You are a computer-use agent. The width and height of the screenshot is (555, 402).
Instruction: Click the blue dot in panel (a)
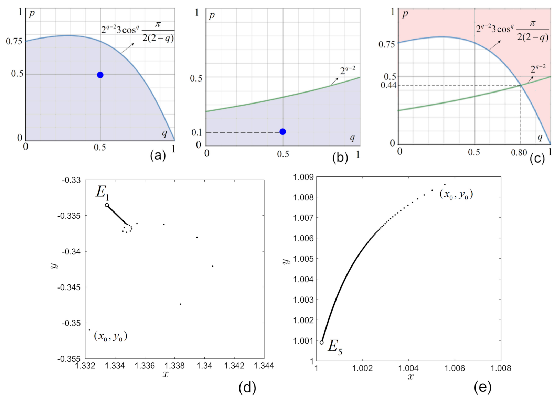click(x=100, y=75)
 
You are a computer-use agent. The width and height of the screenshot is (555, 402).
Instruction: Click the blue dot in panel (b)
click(x=283, y=132)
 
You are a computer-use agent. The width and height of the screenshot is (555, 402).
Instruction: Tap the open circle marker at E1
click(x=107, y=205)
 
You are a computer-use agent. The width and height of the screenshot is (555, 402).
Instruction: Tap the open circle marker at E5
click(x=322, y=343)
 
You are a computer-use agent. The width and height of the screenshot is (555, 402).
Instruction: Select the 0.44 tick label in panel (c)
click(x=388, y=85)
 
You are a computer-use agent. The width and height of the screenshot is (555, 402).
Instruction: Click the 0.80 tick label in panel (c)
click(x=519, y=152)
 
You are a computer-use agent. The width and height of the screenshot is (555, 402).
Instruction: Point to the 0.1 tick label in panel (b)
click(x=196, y=132)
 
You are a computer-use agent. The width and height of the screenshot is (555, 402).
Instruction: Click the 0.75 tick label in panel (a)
click(x=14, y=42)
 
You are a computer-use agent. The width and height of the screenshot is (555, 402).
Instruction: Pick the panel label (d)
click(x=247, y=388)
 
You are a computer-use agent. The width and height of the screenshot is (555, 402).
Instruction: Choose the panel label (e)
click(x=482, y=388)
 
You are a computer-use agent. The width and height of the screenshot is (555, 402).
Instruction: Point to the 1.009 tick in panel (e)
click(x=303, y=177)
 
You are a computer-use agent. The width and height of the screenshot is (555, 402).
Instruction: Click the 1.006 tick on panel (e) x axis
click(x=455, y=369)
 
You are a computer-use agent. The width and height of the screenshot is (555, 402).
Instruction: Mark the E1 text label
click(x=102, y=192)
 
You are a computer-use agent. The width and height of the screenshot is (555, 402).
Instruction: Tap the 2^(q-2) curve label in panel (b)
click(x=348, y=70)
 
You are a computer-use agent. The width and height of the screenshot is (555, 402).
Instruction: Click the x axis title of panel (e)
click(x=410, y=377)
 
